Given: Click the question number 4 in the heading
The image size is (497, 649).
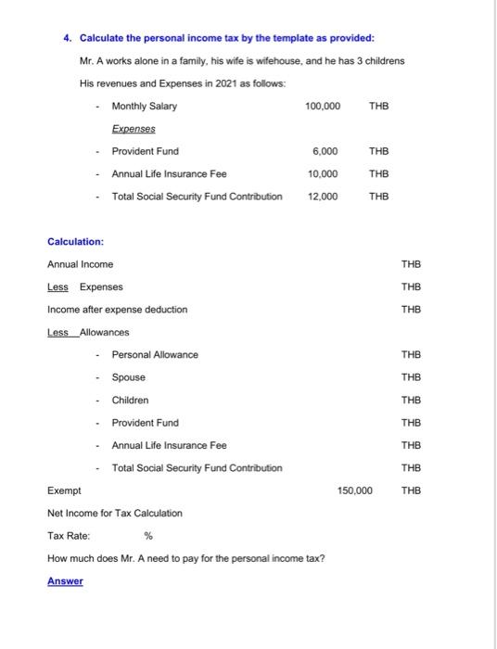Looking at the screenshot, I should click(67, 38).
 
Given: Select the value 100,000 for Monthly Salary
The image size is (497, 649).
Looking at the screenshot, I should click(322, 106).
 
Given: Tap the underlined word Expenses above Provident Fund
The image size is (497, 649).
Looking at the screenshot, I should click(134, 129).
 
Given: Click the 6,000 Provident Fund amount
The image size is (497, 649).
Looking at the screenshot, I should click(326, 151).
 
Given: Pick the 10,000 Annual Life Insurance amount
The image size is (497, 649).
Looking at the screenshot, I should click(324, 173).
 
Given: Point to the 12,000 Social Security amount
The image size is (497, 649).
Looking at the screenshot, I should click(324, 197).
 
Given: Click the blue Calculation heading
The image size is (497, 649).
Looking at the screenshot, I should click(75, 241).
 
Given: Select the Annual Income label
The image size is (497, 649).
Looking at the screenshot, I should click(80, 264).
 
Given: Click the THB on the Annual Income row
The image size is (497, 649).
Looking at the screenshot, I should click(411, 264).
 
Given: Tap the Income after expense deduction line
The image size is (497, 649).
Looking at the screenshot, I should click(117, 309).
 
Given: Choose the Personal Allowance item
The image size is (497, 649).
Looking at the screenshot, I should click(155, 354).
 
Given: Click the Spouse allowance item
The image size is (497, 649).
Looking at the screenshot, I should click(129, 377).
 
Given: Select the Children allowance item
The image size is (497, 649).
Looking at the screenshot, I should click(131, 400).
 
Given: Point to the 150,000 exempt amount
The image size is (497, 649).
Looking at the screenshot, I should click(354, 490).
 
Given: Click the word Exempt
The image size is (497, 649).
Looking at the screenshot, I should click(64, 490).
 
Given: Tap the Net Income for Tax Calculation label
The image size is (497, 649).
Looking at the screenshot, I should click(115, 513).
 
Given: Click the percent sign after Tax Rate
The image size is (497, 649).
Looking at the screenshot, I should click(148, 535).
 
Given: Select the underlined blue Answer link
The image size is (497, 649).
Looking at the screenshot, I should click(65, 580).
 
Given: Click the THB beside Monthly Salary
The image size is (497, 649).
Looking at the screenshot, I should click(379, 106).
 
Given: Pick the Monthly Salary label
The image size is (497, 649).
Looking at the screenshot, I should click(145, 106).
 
